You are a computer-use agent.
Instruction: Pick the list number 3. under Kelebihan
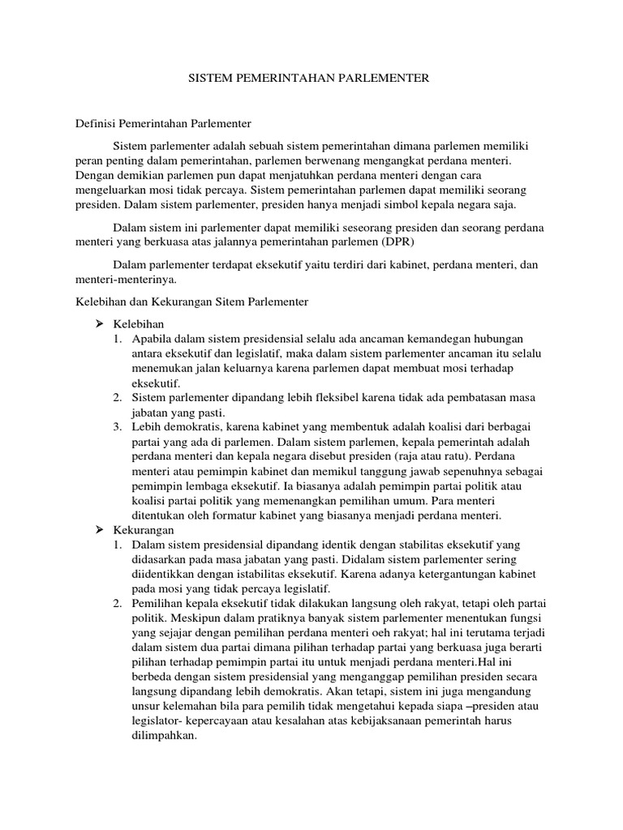pyautogui.click(x=118, y=426)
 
